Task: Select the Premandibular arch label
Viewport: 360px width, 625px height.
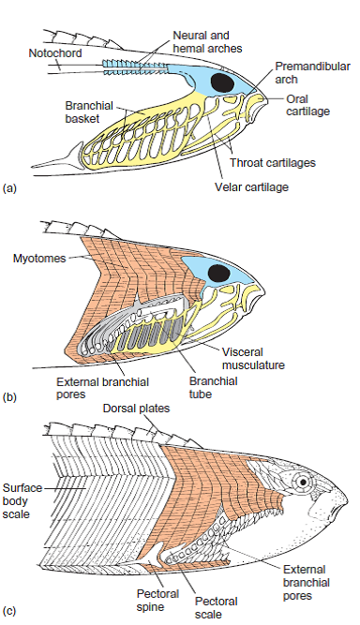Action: tap(311, 73)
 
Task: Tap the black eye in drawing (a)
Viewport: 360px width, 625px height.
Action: tap(222, 82)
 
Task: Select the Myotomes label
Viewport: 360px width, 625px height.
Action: tap(37, 257)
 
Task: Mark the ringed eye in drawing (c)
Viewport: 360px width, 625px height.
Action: tap(302, 484)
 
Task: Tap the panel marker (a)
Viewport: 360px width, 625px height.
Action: tap(10, 187)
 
